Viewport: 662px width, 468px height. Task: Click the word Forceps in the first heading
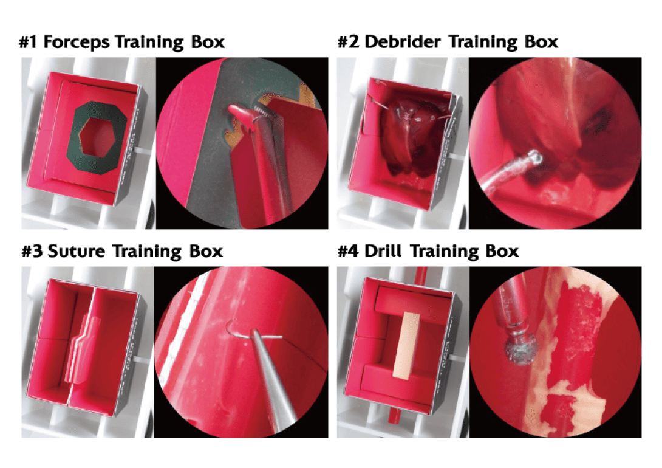(77, 42)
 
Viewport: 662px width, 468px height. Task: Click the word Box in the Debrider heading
(540, 42)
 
